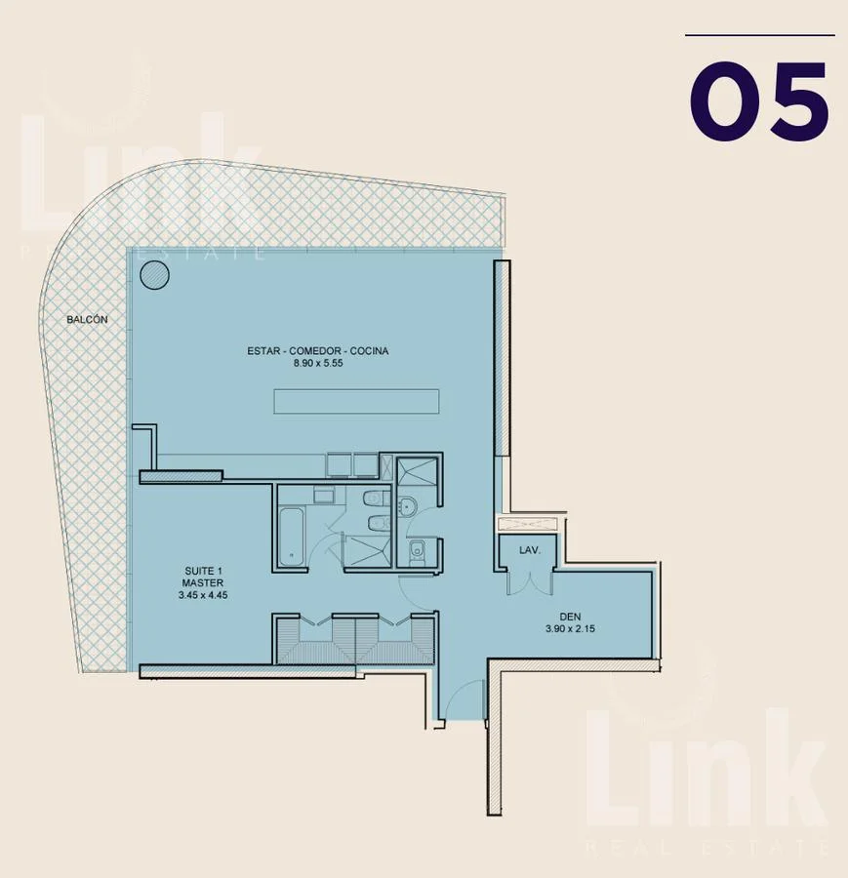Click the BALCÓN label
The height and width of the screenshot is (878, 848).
pyautogui.click(x=87, y=319)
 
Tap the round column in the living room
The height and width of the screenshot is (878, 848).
pyautogui.click(x=154, y=275)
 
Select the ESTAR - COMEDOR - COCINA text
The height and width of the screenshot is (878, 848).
pyautogui.click(x=317, y=350)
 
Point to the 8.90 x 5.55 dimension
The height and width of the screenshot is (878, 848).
pyautogui.click(x=317, y=363)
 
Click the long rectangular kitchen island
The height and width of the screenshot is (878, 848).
pyautogui.click(x=356, y=402)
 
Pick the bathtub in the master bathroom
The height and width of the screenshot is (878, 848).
pyautogui.click(x=291, y=537)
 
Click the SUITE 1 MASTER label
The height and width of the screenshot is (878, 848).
pyautogui.click(x=203, y=577)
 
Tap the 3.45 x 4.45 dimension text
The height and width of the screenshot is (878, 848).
pyautogui.click(x=203, y=595)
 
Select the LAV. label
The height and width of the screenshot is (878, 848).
pyautogui.click(x=529, y=550)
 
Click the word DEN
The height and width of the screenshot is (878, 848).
pyautogui.click(x=570, y=617)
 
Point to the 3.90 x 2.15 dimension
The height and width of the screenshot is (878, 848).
pyautogui.click(x=570, y=629)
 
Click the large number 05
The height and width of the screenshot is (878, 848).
pyautogui.click(x=759, y=100)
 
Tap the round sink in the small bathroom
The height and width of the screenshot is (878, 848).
pyautogui.click(x=407, y=506)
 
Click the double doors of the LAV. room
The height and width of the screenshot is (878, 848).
pyautogui.click(x=529, y=581)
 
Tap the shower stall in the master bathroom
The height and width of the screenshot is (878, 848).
pyautogui.click(x=367, y=551)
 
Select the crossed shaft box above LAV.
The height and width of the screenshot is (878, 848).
pyautogui.click(x=528, y=524)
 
